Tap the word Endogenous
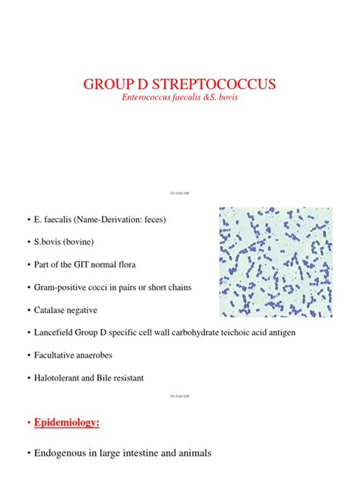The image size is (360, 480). click(60, 453)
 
